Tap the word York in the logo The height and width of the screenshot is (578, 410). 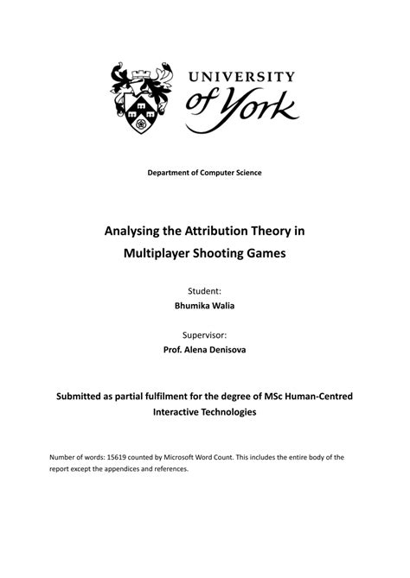click(260, 110)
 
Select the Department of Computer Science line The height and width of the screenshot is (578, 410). click(204, 173)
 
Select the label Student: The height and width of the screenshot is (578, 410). click(205, 292)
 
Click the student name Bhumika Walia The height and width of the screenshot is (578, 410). click(205, 308)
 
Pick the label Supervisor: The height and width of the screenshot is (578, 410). click(205, 336)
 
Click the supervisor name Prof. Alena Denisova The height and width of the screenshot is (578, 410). click(205, 352)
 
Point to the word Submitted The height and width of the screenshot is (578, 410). click(86, 397)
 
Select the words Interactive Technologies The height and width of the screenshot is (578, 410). click(205, 413)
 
